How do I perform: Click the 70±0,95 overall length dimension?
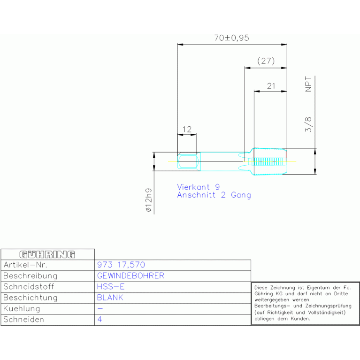coord(231,38)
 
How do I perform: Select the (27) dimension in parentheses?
coord(266,61)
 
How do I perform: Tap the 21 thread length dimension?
coord(271,85)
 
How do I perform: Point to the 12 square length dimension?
coord(187,129)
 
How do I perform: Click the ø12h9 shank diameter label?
coord(148,201)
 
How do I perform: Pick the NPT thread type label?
coord(308,84)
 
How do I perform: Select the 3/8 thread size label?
coord(308,124)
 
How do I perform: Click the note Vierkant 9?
coord(198,187)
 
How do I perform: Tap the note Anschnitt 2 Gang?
coord(214,195)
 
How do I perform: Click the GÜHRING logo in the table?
coord(47,254)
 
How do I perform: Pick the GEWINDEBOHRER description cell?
coord(130,276)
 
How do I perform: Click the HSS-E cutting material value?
coord(111,286)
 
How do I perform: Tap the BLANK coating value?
coord(110,298)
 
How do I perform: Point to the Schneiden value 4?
coord(100,320)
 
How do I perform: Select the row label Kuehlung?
coord(22,308)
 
